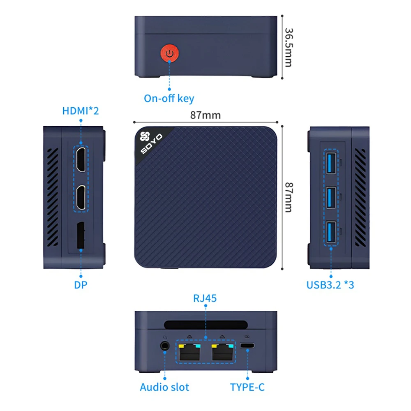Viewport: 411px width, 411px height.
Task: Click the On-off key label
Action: (x=169, y=99)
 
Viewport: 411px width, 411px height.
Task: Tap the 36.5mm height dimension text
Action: (x=289, y=47)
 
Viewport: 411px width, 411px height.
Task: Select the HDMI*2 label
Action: (x=81, y=111)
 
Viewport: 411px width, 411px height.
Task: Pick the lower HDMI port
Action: (x=81, y=197)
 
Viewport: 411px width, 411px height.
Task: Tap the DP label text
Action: (x=81, y=284)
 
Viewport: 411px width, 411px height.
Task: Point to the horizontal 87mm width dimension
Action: (x=205, y=115)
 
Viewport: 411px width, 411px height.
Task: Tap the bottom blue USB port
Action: (x=331, y=232)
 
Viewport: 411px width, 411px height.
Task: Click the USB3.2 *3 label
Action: (x=330, y=284)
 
